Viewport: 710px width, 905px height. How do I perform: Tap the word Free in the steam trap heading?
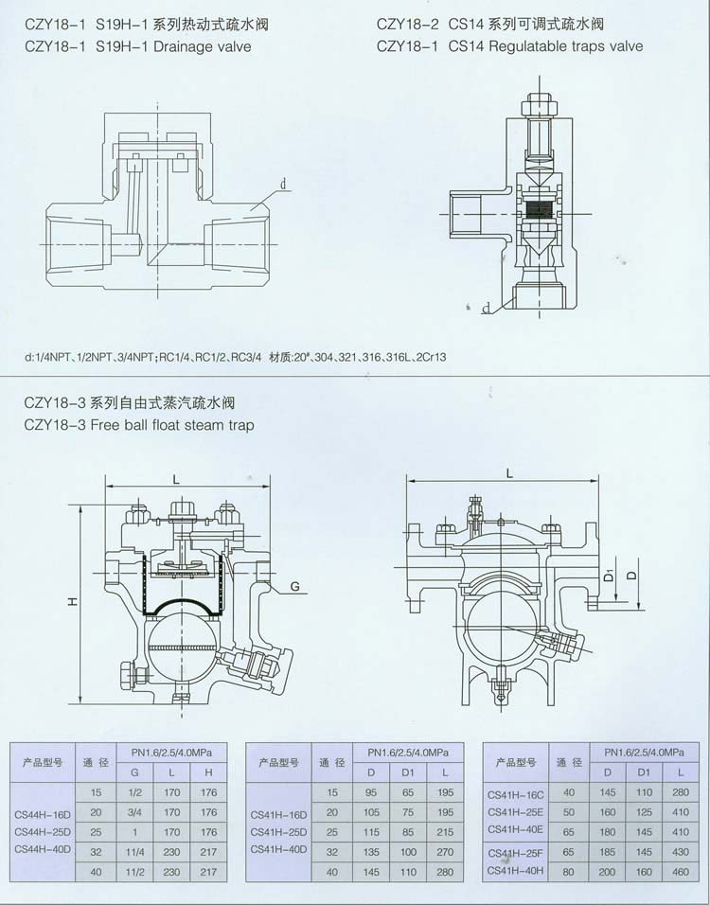(x=103, y=425)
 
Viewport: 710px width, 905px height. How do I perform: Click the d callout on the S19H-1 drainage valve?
(x=283, y=185)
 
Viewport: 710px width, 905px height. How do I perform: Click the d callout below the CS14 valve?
(x=486, y=309)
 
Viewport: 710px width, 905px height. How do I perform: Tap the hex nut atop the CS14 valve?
(x=540, y=108)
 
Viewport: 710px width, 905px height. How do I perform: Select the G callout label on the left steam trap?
(x=295, y=587)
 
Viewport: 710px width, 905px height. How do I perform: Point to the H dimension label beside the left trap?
(x=72, y=601)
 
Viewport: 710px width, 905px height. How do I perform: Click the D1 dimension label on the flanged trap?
(x=607, y=576)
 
